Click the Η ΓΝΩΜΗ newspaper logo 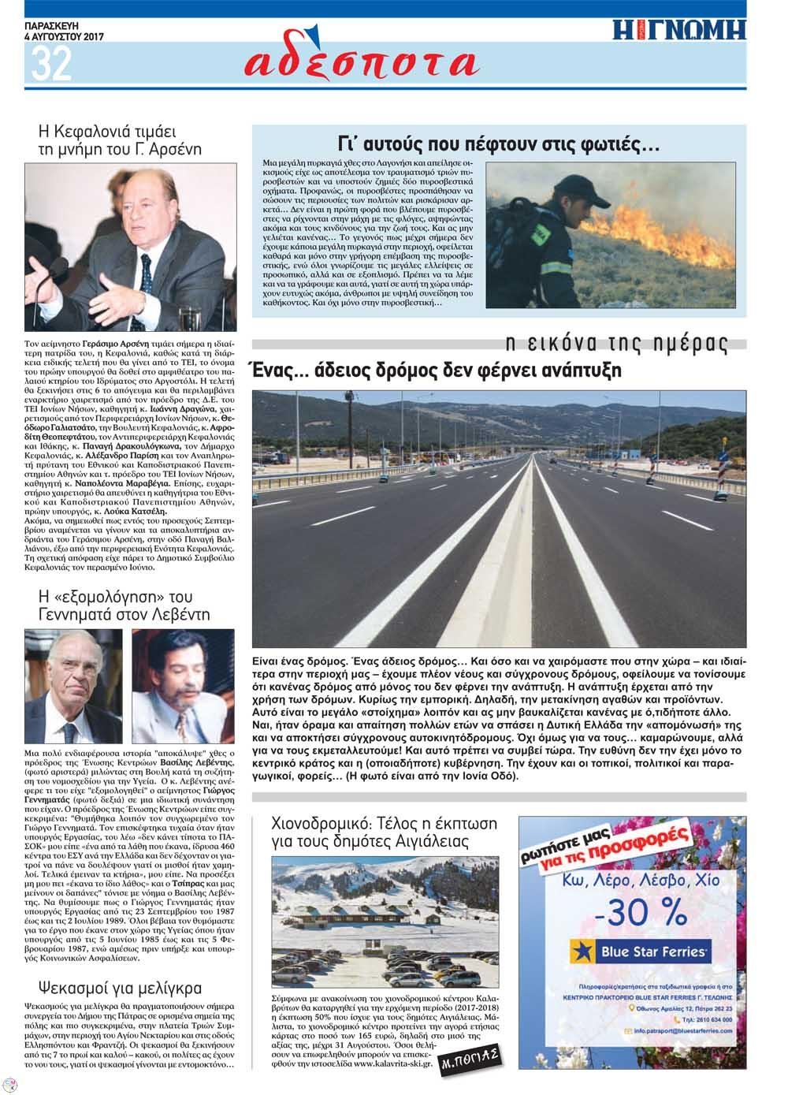click(x=678, y=30)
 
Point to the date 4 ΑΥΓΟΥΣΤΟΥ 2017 click(x=65, y=36)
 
